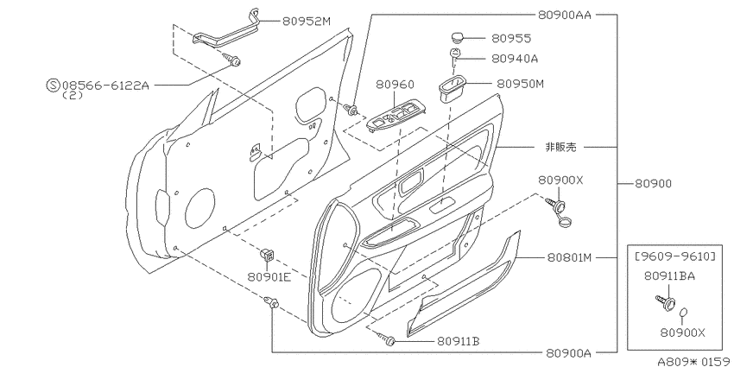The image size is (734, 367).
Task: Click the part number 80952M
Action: tap(307, 21)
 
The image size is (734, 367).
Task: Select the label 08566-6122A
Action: tap(105, 85)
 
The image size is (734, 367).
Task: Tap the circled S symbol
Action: tap(53, 85)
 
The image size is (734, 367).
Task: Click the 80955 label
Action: tap(511, 38)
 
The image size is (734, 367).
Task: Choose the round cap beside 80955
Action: tap(458, 37)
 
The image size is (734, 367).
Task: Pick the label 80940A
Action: tap(515, 59)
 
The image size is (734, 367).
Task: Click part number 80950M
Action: tap(520, 84)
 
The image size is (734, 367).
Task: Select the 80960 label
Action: tap(395, 85)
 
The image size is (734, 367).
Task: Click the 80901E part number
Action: tap(269, 277)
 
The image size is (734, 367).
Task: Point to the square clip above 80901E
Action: tap(267, 255)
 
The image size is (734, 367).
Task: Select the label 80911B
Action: tap(459, 341)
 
